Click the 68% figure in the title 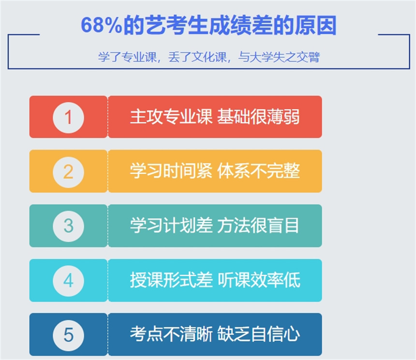click(x=101, y=25)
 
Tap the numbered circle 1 click(x=69, y=118)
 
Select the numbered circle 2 click(x=69, y=172)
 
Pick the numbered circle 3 click(x=69, y=226)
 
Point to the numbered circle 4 click(x=69, y=281)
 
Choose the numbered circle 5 click(x=69, y=335)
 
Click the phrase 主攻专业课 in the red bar click(x=171, y=117)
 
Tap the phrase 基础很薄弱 click(x=259, y=117)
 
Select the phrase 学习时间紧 click(x=171, y=171)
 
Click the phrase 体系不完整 click(x=259, y=171)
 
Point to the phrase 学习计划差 click(x=171, y=225)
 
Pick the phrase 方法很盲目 click(x=259, y=225)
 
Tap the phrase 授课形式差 click(x=171, y=280)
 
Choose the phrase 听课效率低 click(x=259, y=280)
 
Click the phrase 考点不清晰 click(x=171, y=334)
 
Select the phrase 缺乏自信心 click(x=259, y=334)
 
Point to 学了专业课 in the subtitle click(x=127, y=57)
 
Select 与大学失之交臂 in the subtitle click(x=279, y=57)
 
